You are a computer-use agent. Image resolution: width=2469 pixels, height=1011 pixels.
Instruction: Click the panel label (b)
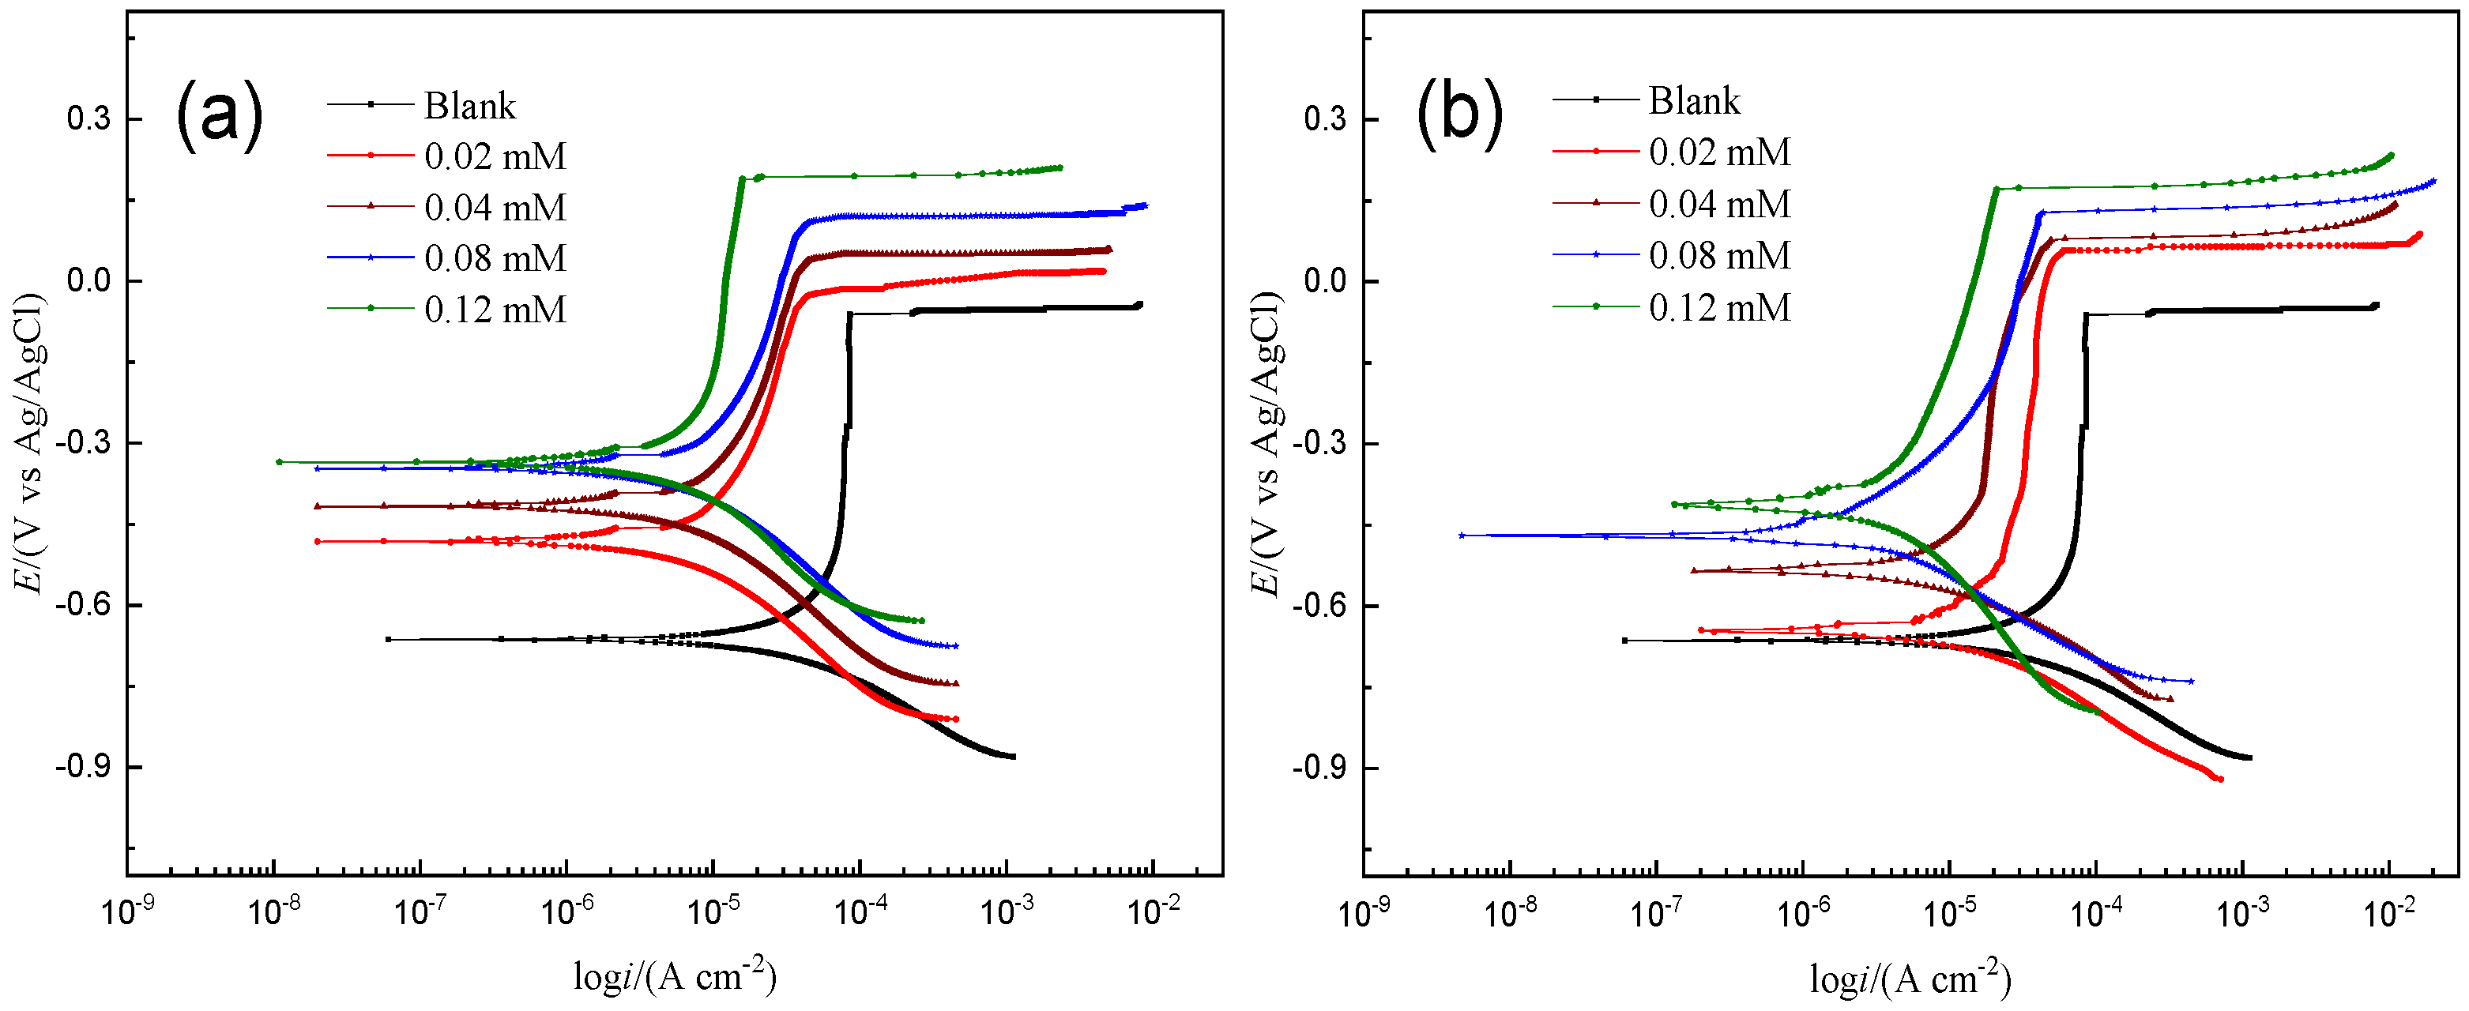pyautogui.click(x=1458, y=114)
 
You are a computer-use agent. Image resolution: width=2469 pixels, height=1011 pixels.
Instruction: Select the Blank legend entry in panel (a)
pyautogui.click(x=469, y=105)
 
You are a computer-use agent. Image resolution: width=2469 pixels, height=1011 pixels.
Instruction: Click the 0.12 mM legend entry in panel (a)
pyautogui.click(x=495, y=310)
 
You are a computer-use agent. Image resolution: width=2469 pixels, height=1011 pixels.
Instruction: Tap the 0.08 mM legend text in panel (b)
pyautogui.click(x=1718, y=256)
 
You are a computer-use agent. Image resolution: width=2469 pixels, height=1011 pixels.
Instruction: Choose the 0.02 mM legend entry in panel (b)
pyautogui.click(x=1718, y=152)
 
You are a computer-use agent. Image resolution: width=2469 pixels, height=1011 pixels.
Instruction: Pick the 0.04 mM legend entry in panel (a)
pyautogui.click(x=495, y=208)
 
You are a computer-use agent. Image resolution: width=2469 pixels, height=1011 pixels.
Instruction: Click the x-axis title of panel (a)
pyautogui.click(x=674, y=975)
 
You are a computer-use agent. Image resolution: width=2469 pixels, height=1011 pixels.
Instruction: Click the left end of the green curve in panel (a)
pyautogui.click(x=279, y=462)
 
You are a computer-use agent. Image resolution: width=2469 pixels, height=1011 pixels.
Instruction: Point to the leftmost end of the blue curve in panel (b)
pyautogui.click(x=1462, y=535)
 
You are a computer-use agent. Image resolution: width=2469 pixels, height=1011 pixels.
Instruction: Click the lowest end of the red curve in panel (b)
pyautogui.click(x=2221, y=779)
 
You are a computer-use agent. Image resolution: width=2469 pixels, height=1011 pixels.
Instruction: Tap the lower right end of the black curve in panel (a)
pyautogui.click(x=1013, y=757)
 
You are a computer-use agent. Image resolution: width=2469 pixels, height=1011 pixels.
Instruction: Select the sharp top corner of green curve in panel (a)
pyautogui.click(x=742, y=179)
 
